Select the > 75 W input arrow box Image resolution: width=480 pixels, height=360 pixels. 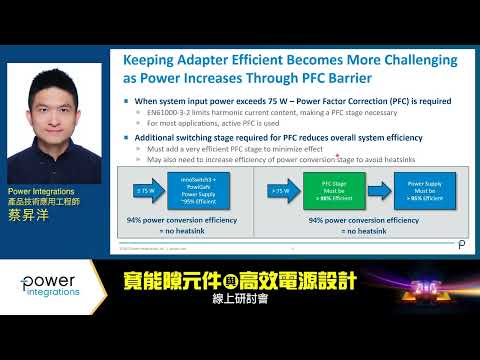pyautogui.click(x=280, y=186)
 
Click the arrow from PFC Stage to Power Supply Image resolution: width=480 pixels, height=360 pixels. pyautogui.click(x=377, y=188)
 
